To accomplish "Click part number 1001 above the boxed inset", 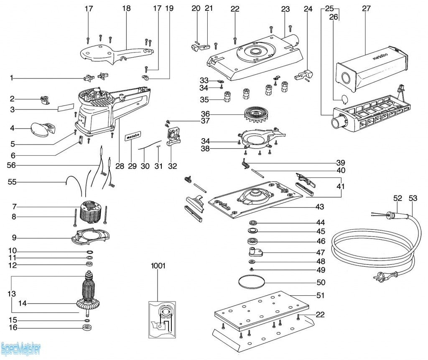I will click(158, 266).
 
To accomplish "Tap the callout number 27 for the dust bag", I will click(364, 8).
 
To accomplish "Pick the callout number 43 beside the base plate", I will click(320, 207).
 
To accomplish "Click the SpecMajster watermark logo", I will click(21, 347).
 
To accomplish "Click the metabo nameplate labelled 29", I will click(133, 136).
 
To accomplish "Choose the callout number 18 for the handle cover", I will click(127, 8).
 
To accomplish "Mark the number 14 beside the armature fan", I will click(23, 303).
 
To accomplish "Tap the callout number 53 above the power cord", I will click(413, 199).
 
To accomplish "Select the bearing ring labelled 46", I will click(252, 241).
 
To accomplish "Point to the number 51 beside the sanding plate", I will click(320, 296).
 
